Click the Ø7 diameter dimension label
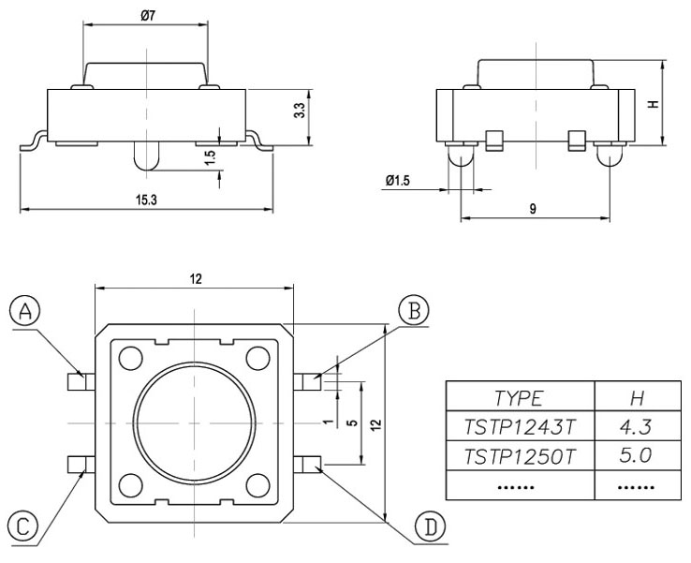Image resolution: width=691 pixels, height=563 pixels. click(x=147, y=16)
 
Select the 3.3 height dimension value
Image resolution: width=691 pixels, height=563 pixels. click(x=299, y=109)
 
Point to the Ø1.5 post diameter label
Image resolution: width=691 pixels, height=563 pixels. click(x=397, y=181)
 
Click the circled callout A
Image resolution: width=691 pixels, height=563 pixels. click(x=27, y=311)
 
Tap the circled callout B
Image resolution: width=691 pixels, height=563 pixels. click(x=413, y=310)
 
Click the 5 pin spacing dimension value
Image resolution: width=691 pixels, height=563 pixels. click(x=350, y=422)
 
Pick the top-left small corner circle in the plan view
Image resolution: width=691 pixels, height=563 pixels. click(x=130, y=356)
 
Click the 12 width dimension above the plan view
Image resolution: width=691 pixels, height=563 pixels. click(x=195, y=279)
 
